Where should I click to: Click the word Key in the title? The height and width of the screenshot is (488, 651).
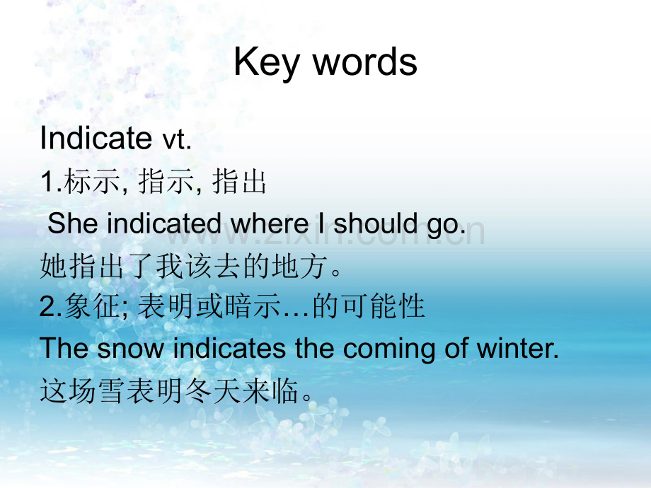[266, 63]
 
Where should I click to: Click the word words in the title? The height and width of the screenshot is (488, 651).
[365, 62]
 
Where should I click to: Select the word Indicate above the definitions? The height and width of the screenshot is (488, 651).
[96, 138]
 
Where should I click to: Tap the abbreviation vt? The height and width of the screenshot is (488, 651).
[176, 140]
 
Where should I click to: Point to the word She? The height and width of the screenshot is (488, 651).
[73, 223]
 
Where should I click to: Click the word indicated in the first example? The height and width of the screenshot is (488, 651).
[163, 223]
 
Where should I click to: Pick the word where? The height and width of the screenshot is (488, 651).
[270, 223]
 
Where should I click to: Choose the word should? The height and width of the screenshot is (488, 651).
[375, 223]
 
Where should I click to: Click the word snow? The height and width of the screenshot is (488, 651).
[131, 349]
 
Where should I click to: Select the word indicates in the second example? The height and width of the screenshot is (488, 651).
[229, 348]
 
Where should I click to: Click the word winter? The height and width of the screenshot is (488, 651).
[517, 348]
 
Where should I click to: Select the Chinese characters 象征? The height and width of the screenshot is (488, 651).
[93, 306]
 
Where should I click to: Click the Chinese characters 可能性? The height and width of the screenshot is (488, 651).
[384, 306]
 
